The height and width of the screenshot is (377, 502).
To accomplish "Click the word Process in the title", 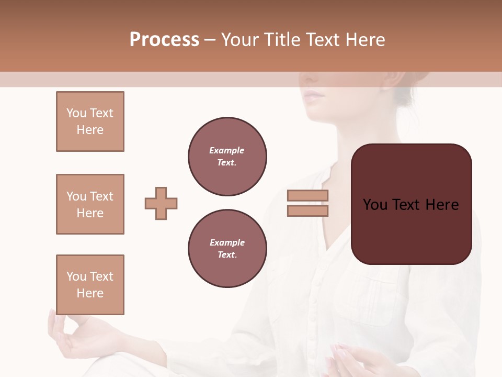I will click(x=164, y=40).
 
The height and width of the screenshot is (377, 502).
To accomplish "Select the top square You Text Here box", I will click(x=90, y=121).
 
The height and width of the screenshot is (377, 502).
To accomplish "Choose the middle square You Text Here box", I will click(x=90, y=204).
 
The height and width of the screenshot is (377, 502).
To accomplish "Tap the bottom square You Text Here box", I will click(x=90, y=285).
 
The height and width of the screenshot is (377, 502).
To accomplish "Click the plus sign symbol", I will click(x=161, y=203).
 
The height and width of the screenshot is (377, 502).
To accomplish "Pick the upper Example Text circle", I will click(x=227, y=156).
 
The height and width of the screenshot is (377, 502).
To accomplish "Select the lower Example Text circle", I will click(x=227, y=248).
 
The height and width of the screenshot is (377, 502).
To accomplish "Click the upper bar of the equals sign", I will click(x=307, y=196).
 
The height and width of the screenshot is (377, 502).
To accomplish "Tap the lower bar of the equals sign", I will click(x=307, y=210).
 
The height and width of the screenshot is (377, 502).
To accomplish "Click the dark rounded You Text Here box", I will click(x=411, y=204).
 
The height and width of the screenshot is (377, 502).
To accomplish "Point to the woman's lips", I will click(x=314, y=95).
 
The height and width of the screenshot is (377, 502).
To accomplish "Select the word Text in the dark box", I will click(x=410, y=204).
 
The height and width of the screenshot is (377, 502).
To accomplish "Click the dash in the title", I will click(x=210, y=40).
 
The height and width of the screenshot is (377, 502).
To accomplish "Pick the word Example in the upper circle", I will click(x=226, y=150).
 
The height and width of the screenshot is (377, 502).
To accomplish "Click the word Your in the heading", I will click(x=239, y=40).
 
